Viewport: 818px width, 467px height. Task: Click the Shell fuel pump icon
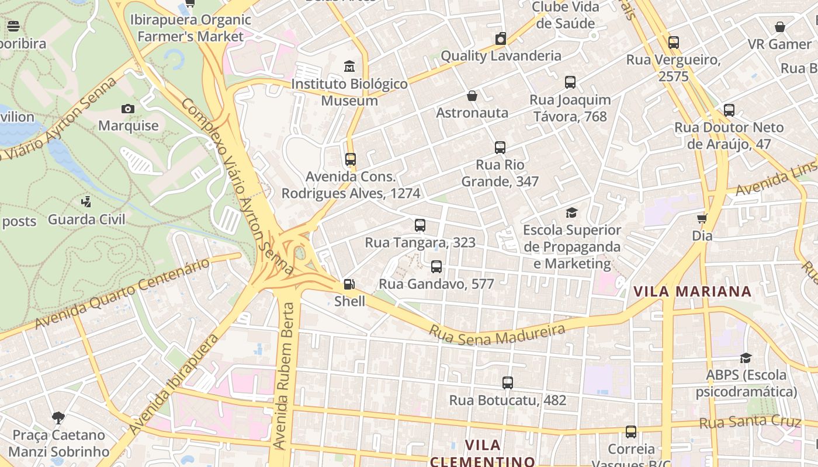pyautogui.click(x=349, y=284)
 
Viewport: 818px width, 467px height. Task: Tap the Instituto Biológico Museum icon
pyautogui.click(x=349, y=67)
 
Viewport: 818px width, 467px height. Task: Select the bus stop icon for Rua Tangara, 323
pyautogui.click(x=420, y=225)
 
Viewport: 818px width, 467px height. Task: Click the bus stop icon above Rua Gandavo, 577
pyautogui.click(x=436, y=267)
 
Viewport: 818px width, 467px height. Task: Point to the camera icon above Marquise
pyautogui.click(x=128, y=109)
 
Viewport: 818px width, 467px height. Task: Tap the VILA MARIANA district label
pyautogui.click(x=692, y=291)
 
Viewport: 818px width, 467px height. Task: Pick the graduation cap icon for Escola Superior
pyautogui.click(x=571, y=213)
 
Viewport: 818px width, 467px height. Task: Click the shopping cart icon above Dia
pyautogui.click(x=702, y=218)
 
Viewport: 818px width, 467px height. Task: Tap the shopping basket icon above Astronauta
pyautogui.click(x=472, y=96)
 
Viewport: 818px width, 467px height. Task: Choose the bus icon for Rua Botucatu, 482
pyautogui.click(x=508, y=383)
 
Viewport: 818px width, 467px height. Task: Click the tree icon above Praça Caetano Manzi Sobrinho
pyautogui.click(x=58, y=418)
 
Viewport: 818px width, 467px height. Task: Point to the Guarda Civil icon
pyautogui.click(x=86, y=202)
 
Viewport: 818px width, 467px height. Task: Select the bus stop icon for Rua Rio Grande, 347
pyautogui.click(x=500, y=148)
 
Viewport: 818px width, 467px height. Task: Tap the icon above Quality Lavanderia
pyautogui.click(x=500, y=39)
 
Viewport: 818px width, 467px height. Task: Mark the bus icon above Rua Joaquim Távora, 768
pyautogui.click(x=570, y=83)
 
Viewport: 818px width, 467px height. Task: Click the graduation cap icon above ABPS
pyautogui.click(x=746, y=358)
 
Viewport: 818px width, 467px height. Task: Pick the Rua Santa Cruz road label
pyautogui.click(x=750, y=422)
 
